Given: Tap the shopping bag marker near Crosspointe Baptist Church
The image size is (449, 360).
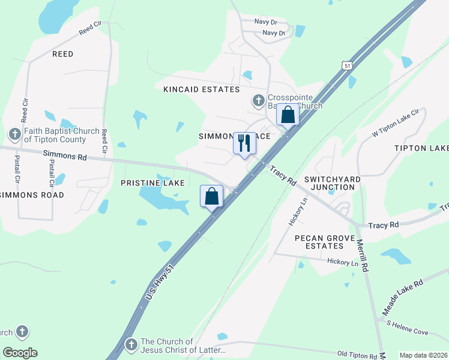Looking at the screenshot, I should [288, 114].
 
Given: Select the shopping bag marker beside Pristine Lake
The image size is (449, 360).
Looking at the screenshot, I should [211, 196].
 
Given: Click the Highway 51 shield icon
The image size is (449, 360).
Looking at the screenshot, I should [346, 65].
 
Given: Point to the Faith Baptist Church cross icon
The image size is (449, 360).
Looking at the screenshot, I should [15, 133].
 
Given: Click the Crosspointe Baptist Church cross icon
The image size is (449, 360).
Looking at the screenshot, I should [259, 100].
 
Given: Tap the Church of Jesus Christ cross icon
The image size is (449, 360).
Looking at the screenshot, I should [131, 344].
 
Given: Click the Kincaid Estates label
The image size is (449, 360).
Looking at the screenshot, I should [202, 89].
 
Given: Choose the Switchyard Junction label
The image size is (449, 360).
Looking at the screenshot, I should [329, 183].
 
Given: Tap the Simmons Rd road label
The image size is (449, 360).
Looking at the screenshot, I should [65, 155].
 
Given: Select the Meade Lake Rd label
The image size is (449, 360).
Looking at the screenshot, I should [403, 298].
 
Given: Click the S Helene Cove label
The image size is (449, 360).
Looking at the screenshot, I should [408, 328].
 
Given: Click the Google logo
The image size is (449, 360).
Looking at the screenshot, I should [20, 353].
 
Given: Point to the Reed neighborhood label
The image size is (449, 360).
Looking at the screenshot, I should [62, 54].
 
